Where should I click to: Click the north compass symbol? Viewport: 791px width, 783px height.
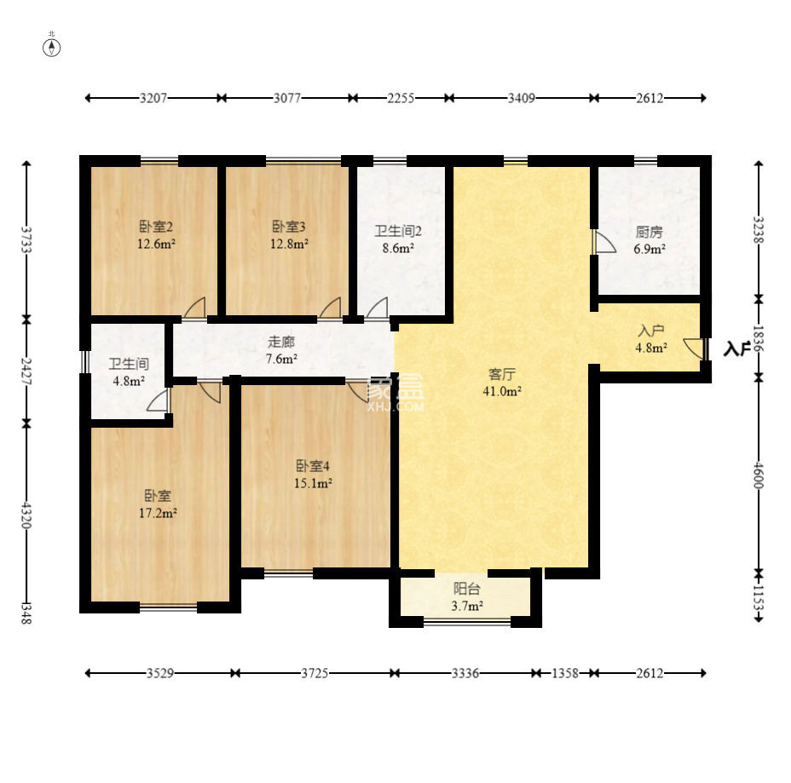(51, 48)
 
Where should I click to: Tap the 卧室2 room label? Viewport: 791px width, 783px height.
(156, 227)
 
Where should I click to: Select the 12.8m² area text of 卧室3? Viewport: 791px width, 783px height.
(289, 244)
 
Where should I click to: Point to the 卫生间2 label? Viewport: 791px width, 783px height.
(398, 232)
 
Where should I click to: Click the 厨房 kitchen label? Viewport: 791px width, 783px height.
(649, 232)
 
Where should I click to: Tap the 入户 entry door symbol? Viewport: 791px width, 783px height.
(696, 348)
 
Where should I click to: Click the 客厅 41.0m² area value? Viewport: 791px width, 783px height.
(501, 391)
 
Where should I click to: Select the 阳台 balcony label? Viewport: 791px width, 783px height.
(466, 589)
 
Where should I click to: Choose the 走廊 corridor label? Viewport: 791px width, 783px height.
(281, 342)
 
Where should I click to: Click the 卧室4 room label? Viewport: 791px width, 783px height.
(313, 466)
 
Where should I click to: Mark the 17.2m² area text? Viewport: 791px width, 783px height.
(158, 513)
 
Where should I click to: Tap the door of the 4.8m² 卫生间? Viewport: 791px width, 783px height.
(159, 400)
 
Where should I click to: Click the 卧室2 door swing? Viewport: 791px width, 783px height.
(194, 308)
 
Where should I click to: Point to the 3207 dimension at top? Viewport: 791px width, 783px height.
(153, 98)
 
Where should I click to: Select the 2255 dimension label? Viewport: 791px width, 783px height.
(401, 98)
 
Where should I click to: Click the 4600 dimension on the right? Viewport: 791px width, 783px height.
(759, 475)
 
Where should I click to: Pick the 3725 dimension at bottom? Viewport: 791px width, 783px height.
(315, 673)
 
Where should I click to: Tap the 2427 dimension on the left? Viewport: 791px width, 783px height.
(26, 371)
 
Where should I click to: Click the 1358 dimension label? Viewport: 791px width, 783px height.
(565, 673)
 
